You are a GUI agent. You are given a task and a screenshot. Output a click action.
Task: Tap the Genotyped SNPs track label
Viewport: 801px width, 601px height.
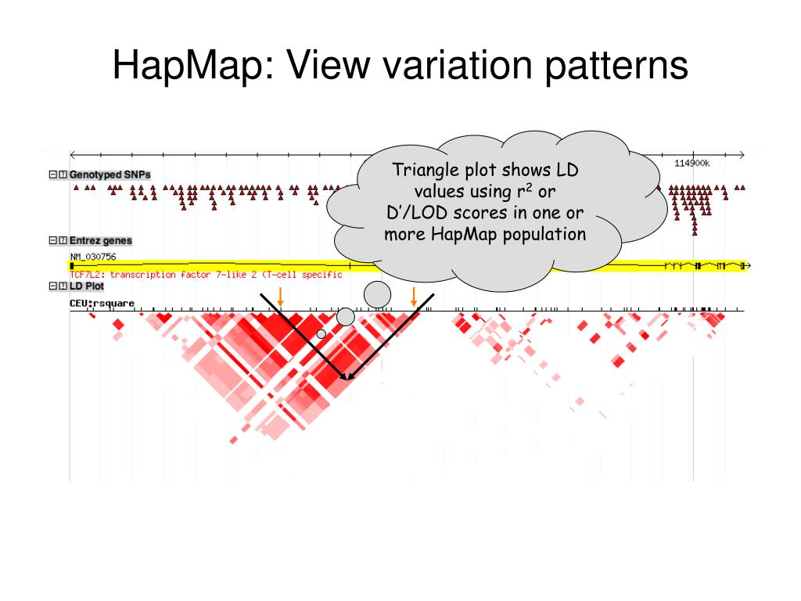pos(110,175)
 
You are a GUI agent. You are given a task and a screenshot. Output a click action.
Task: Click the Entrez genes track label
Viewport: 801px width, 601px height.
pos(100,241)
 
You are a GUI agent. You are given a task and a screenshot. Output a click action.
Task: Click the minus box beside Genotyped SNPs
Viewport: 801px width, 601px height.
pos(53,175)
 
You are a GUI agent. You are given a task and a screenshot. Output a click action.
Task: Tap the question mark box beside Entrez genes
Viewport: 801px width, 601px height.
pos(63,241)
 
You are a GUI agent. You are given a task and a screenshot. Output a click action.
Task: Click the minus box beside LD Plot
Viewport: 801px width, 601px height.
pos(53,286)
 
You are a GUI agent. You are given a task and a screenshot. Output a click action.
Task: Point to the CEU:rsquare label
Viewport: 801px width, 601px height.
pos(102,303)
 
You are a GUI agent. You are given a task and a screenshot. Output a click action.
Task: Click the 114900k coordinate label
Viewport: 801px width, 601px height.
pos(691,163)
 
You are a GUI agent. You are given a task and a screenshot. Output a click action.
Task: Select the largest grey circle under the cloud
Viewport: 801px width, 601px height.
pos(378,294)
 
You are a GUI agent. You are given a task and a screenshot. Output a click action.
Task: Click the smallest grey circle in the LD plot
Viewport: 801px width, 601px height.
pos(321,334)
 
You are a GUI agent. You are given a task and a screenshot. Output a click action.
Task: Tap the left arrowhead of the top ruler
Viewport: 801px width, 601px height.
pos(73,154)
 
